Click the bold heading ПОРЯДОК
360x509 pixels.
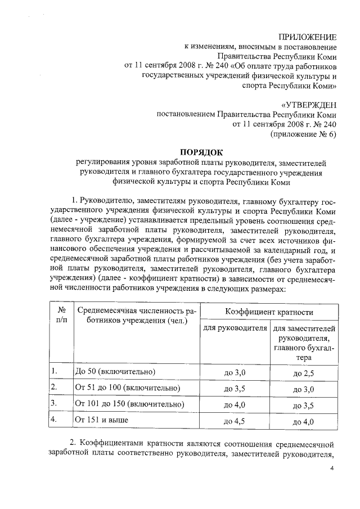[x=201, y=151]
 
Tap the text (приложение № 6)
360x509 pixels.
[x=304, y=134]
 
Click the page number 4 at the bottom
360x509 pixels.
[x=332, y=468]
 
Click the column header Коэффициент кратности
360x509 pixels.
[x=269, y=311]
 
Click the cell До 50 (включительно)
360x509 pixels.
[x=115, y=372]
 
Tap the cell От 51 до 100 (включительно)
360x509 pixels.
[x=127, y=388]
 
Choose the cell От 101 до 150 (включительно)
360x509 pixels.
[x=129, y=404]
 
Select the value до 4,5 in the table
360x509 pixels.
[x=235, y=420]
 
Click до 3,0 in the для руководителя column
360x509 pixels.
[x=235, y=373]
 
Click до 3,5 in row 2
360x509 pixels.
[x=235, y=389]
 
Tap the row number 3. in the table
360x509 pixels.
[x=54, y=404]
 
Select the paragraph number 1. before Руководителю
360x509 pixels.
[x=73, y=201]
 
